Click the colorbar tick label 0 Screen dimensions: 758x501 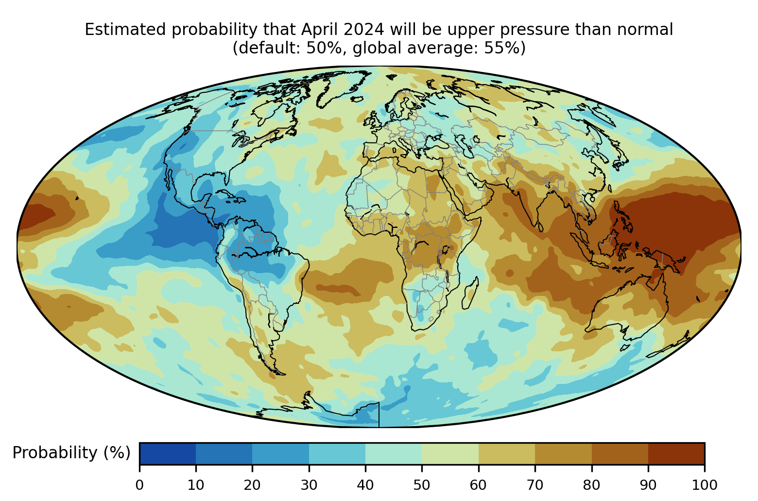pyautogui.click(x=139, y=485)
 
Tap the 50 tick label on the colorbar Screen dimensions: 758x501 pyautogui.click(x=422, y=485)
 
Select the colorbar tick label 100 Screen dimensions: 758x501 pyautogui.click(x=705, y=485)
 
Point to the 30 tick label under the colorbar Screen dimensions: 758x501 pyautogui.click(x=309, y=485)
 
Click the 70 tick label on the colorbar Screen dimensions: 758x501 pyautogui.click(x=534, y=485)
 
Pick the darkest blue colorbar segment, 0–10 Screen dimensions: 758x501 pyautogui.click(x=168, y=453)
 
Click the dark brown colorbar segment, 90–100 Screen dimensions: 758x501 pyautogui.click(x=676, y=453)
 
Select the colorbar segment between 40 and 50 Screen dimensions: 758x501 pyautogui.click(x=394, y=453)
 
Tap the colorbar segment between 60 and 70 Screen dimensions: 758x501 pyautogui.click(x=507, y=453)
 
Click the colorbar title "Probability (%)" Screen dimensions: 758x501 pyautogui.click(x=71, y=453)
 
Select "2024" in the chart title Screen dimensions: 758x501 pyautogui.click(x=364, y=30)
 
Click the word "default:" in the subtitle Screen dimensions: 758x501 pyautogui.click(x=266, y=48)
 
